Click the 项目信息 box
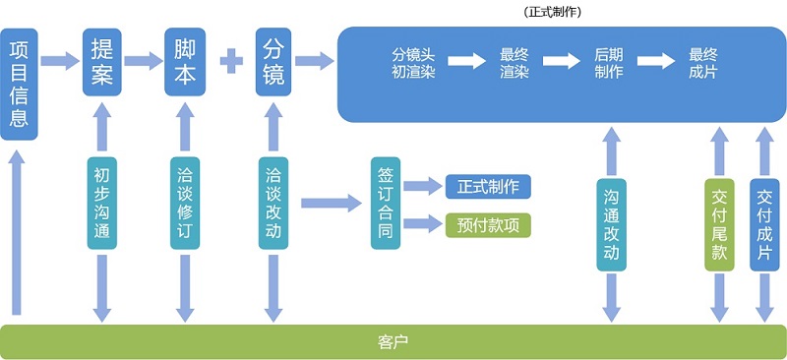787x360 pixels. (x=19, y=85)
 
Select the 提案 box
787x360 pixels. (x=102, y=61)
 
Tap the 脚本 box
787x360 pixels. (x=184, y=61)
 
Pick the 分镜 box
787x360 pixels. (x=274, y=61)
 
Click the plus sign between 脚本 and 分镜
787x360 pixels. (x=230, y=61)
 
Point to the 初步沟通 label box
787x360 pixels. (x=102, y=204)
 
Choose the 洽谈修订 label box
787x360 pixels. (x=184, y=204)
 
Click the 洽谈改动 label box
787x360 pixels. (x=274, y=204)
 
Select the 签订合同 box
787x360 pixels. (x=386, y=204)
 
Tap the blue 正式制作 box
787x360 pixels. (x=488, y=185)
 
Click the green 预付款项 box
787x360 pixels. (x=488, y=224)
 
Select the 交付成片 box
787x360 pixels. (x=764, y=224)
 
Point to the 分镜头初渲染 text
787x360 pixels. (x=413, y=62)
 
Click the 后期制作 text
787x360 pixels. (x=609, y=62)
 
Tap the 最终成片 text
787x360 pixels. (x=702, y=62)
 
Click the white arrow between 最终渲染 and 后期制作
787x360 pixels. (x=562, y=61)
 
